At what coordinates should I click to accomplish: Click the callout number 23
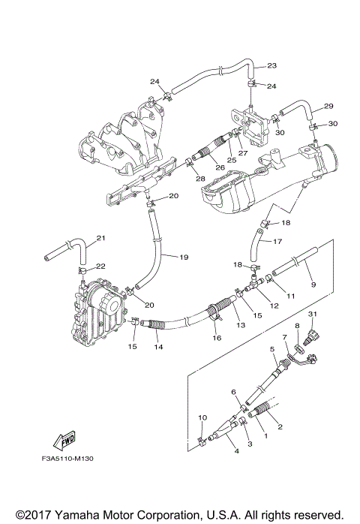tap(271, 65)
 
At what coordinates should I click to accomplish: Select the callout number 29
tap(328, 106)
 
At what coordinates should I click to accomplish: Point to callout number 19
tap(183, 257)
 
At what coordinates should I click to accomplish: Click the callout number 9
tap(313, 285)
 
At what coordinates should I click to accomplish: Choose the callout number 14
tap(159, 347)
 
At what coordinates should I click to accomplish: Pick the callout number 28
tap(200, 178)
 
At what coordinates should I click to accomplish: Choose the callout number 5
tap(272, 349)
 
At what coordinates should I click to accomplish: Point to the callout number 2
tap(280, 427)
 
